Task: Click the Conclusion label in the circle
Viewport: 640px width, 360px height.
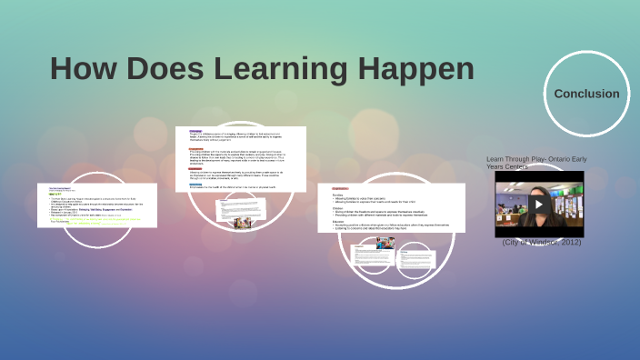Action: click(x=586, y=94)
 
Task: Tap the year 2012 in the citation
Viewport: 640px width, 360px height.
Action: click(x=567, y=242)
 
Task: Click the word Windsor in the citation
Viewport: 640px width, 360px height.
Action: click(x=538, y=242)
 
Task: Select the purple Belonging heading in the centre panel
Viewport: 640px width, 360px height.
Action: click(x=195, y=131)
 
